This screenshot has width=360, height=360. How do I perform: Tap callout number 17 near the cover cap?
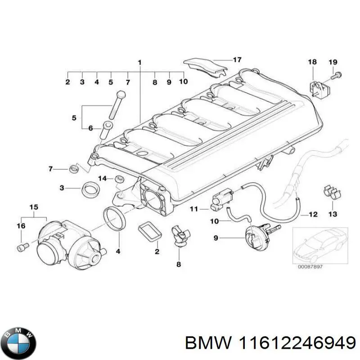click(237, 59)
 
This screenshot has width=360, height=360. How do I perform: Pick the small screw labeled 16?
click(22, 247)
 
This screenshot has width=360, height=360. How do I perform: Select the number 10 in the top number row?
click(183, 82)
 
